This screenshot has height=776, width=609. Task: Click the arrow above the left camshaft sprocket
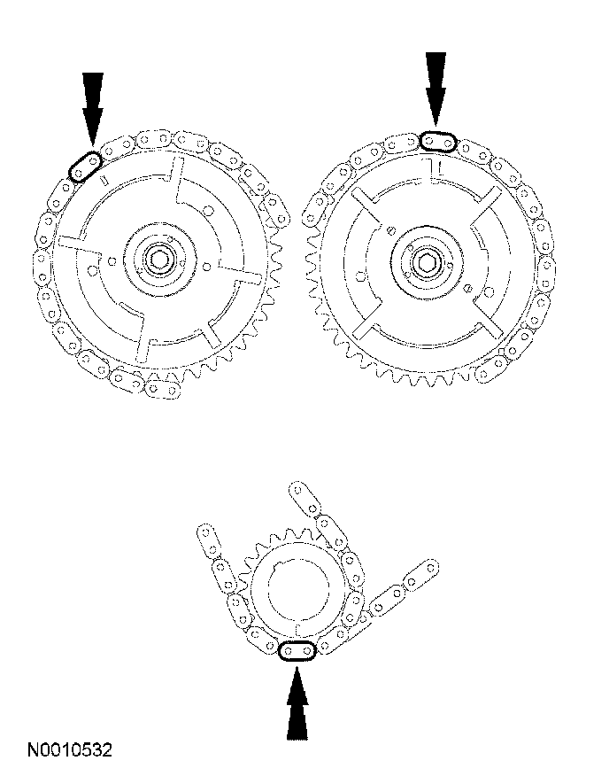pyautogui.click(x=93, y=111)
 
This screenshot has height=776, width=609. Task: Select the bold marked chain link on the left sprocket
pyautogui.click(x=85, y=167)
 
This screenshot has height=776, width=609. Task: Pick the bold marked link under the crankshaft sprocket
pyautogui.click(x=297, y=651)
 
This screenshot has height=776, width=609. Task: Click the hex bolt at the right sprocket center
pyautogui.click(x=426, y=260)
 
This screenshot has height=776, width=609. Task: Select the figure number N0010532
pyautogui.click(x=69, y=749)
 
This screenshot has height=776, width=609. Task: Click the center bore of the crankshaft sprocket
pyautogui.click(x=298, y=590)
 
